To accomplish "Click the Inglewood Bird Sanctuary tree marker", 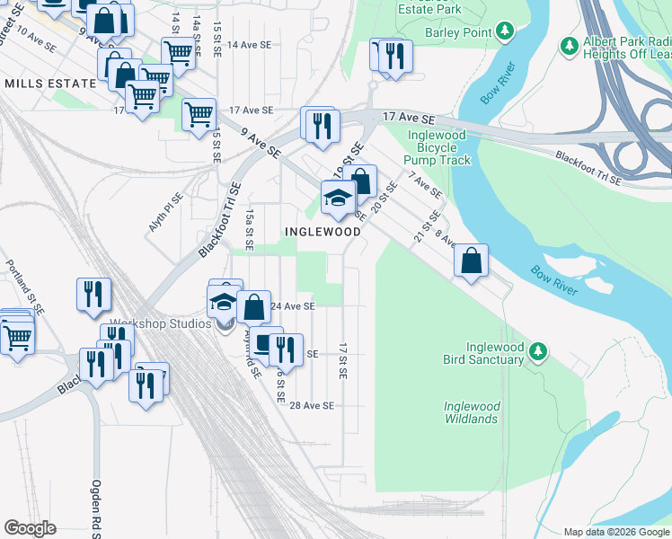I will [x=538, y=350].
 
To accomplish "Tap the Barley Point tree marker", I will [x=506, y=32].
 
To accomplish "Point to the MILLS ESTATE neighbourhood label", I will [x=50, y=84].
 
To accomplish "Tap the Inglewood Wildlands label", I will [x=471, y=412].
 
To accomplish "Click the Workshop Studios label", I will [x=160, y=323].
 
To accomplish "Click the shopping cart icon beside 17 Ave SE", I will [x=199, y=114].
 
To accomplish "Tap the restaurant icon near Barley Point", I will [x=395, y=57].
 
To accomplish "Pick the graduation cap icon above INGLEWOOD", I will [x=338, y=199].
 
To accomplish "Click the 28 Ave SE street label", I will [x=312, y=406].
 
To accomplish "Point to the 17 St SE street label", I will [x=343, y=359].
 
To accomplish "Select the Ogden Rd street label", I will [x=95, y=508].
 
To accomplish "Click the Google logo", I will [x=30, y=528].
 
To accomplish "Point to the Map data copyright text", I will [x=616, y=532].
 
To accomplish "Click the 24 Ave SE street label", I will [x=293, y=306].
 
